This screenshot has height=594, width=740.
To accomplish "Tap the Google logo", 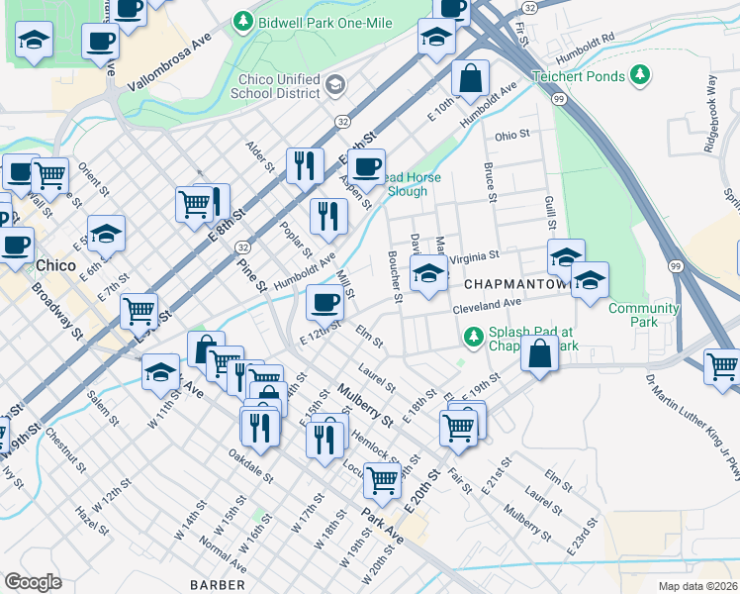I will [33, 581].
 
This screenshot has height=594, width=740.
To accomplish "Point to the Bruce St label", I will [489, 183].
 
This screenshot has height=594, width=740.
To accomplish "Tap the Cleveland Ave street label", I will [487, 307].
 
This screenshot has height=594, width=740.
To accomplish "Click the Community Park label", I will [643, 315].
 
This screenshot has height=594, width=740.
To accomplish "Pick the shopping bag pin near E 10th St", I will [472, 77].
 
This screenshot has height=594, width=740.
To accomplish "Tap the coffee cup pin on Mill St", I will [324, 302].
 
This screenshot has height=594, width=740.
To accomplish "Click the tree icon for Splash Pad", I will [474, 339].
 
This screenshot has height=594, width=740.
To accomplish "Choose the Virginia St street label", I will [476, 256].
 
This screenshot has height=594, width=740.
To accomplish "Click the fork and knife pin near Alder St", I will [305, 164].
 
